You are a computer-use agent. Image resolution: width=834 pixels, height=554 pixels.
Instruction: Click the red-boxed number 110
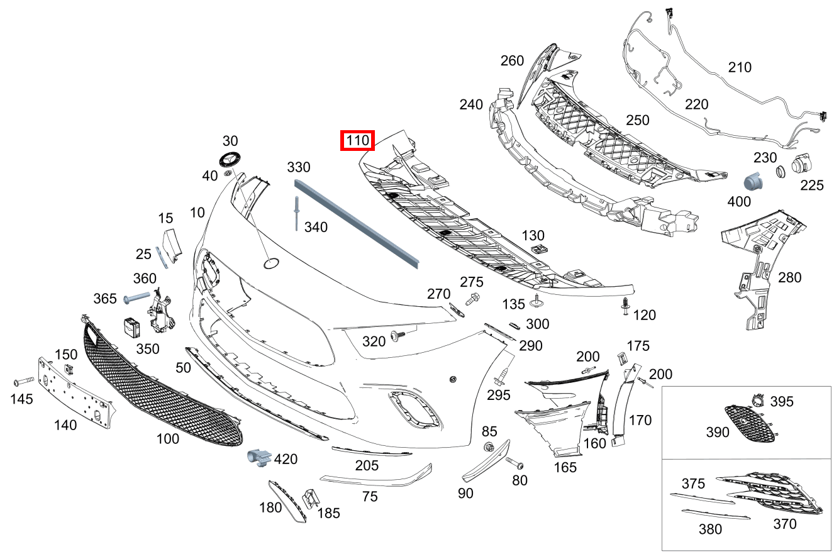tap(357, 141)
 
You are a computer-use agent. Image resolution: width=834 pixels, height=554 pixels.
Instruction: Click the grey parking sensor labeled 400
tap(753, 181)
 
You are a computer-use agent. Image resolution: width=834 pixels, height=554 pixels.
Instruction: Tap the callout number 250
tap(637, 119)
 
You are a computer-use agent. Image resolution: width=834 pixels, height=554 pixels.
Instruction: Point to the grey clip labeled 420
tap(258, 458)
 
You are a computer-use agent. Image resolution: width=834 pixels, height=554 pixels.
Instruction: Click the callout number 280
tap(789, 277)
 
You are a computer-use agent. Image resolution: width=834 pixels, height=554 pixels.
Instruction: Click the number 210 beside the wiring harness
tap(739, 67)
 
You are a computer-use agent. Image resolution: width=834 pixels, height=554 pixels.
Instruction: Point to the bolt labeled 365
tap(136, 297)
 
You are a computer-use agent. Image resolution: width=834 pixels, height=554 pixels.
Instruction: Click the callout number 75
tap(370, 496)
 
